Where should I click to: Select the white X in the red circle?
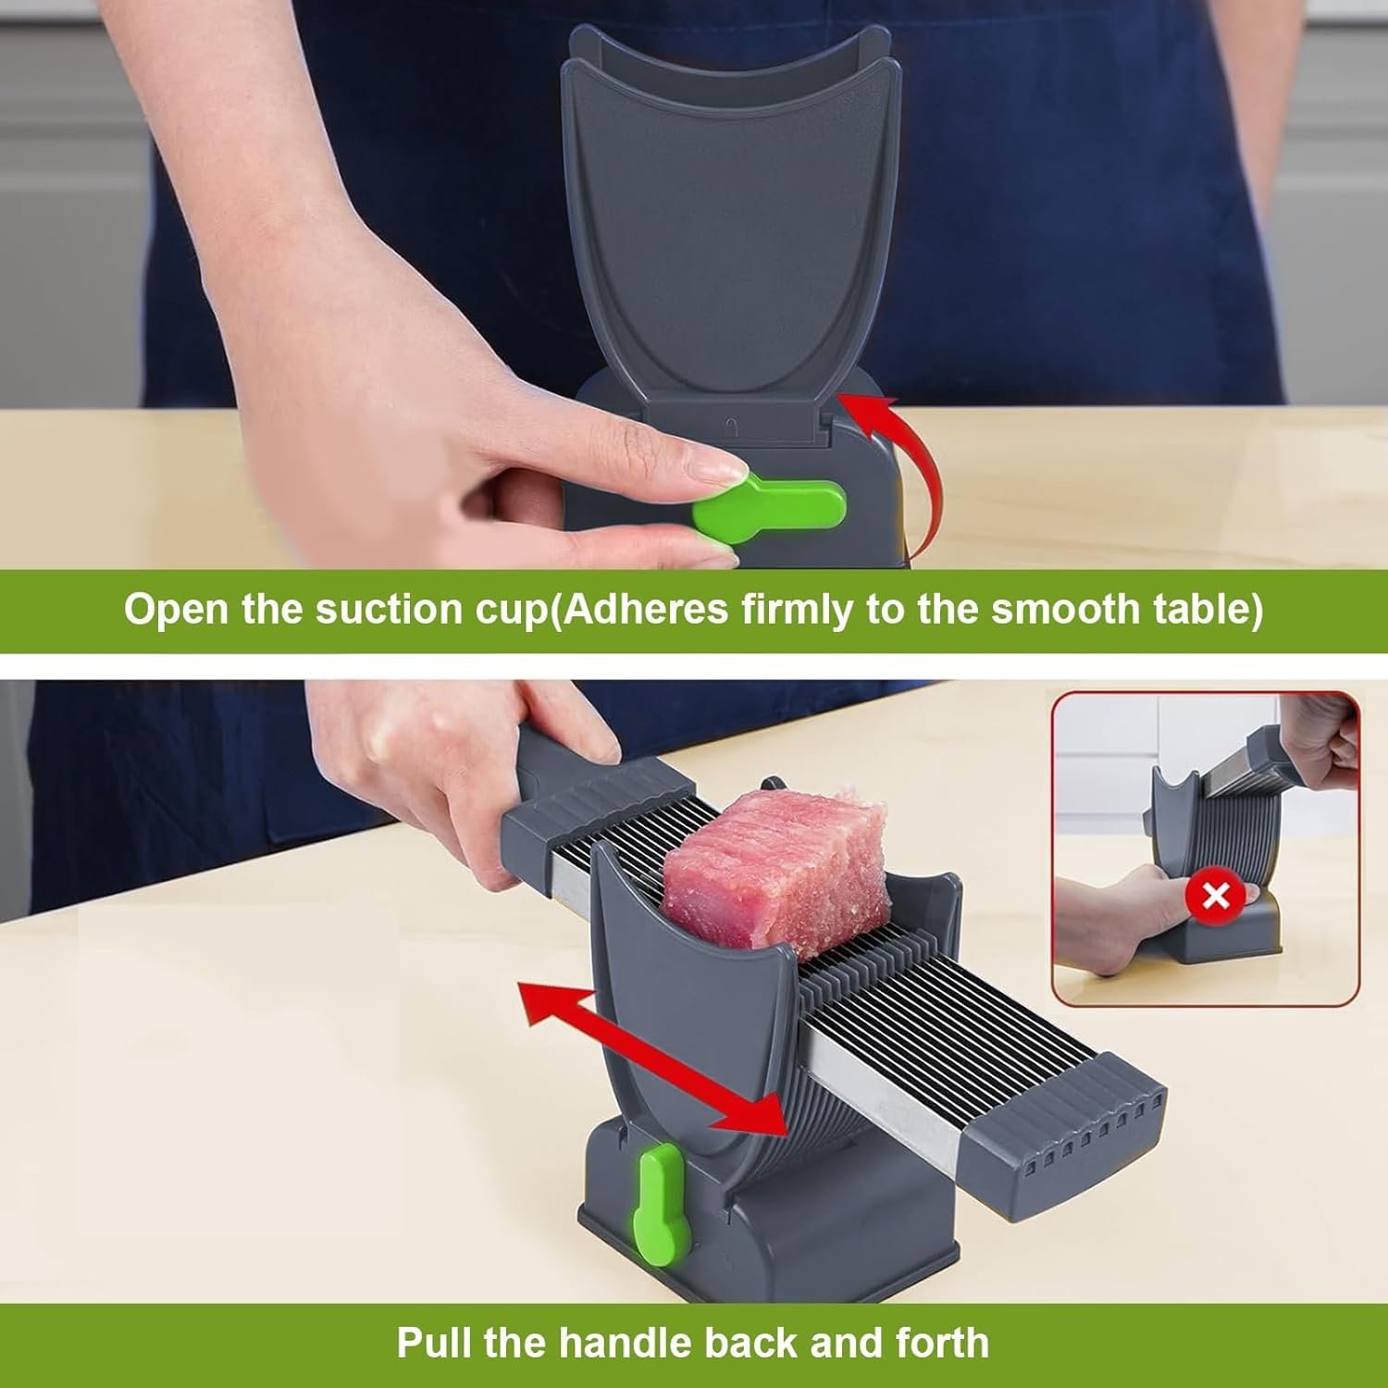(1216, 896)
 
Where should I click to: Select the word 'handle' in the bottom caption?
(702, 1342)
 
